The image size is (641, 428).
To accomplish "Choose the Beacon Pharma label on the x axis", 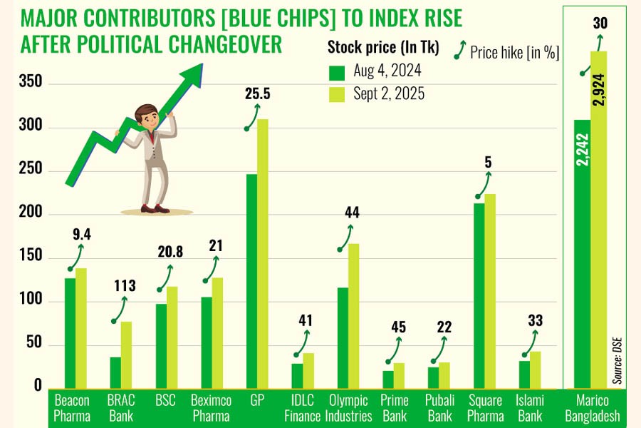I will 72,407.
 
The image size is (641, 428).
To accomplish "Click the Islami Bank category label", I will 529,407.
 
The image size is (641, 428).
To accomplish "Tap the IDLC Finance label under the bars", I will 302,407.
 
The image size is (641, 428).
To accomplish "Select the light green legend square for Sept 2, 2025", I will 336,94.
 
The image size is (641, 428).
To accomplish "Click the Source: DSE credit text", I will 617,360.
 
